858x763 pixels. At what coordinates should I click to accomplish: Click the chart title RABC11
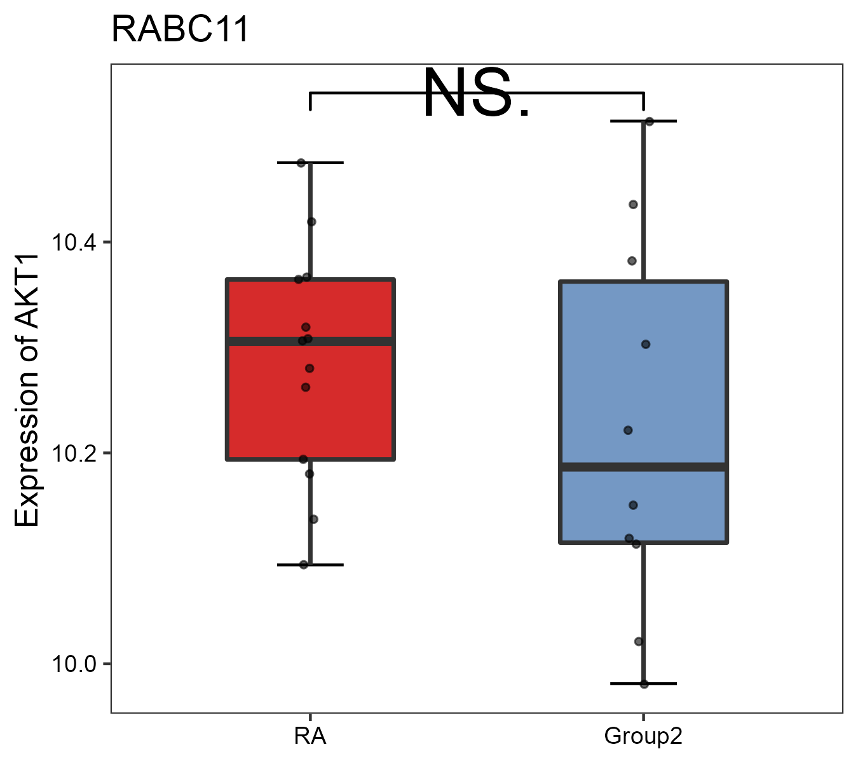(x=180, y=30)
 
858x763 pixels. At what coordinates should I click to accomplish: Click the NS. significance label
(x=477, y=94)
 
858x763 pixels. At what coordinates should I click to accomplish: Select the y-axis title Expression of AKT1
(x=27, y=390)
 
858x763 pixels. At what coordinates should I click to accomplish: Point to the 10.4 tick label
(x=73, y=242)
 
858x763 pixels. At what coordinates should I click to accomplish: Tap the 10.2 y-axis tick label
(x=73, y=453)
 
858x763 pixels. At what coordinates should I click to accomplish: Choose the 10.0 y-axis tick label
(x=73, y=664)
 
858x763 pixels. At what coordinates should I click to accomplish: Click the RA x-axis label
(x=310, y=736)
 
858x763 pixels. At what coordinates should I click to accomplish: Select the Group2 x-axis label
(x=643, y=736)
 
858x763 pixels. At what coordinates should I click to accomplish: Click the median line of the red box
(x=356, y=341)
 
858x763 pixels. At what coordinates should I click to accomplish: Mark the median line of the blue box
(x=686, y=467)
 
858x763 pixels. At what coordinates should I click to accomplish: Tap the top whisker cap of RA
(x=310, y=163)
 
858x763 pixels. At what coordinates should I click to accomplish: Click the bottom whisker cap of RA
(x=310, y=565)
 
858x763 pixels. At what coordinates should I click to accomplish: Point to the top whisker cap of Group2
(x=643, y=121)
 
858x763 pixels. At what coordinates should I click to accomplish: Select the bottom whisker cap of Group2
(x=643, y=684)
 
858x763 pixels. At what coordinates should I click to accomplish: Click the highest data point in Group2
(x=649, y=121)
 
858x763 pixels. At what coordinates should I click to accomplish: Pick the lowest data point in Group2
(x=644, y=684)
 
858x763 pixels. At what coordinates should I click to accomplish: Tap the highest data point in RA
(x=301, y=163)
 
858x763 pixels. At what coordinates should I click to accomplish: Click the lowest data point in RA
(x=304, y=565)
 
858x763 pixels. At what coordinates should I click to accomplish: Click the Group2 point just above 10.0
(x=639, y=642)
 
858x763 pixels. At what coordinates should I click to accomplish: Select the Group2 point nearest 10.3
(x=646, y=345)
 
